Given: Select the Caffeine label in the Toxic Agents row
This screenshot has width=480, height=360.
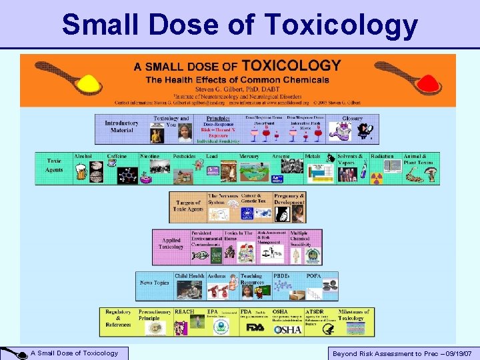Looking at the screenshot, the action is tap(117, 157).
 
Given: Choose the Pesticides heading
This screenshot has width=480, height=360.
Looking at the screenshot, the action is tap(185, 157).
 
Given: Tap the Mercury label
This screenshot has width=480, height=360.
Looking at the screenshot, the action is tap(249, 157).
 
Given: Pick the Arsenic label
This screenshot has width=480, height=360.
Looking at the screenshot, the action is tap(281, 157).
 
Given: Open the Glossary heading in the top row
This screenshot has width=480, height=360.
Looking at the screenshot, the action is tap(353, 119).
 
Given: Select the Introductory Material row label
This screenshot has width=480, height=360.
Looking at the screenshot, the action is tap(121, 127).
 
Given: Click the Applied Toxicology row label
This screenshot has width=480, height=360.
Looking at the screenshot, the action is tap(171, 243).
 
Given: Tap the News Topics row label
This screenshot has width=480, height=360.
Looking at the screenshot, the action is tap(154, 283).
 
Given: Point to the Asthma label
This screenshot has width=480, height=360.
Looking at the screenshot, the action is tap(217, 275).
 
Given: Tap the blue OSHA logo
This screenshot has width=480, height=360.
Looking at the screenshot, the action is tap(287, 329).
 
